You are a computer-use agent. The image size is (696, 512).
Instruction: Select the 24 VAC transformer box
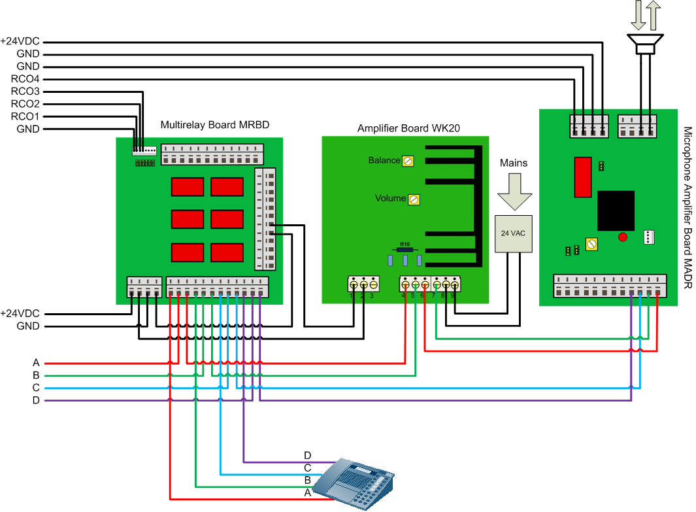pos(513,233)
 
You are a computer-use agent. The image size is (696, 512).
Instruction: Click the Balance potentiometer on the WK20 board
pos(408,160)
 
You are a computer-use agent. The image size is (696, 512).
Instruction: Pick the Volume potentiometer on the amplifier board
pos(413,199)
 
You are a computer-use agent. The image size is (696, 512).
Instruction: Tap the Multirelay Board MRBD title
pos(215,124)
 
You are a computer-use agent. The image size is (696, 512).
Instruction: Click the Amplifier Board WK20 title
pos(408,128)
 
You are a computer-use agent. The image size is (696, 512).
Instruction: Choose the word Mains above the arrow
pos(514,162)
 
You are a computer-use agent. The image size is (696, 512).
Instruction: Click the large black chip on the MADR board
pos(615,211)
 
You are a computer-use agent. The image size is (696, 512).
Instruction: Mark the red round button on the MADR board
pos(623,237)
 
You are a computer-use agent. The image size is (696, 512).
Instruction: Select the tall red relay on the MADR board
pos(582,177)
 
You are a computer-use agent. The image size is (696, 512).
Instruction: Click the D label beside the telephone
pos(308,455)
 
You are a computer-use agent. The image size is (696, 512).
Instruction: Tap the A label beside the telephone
pos(308,492)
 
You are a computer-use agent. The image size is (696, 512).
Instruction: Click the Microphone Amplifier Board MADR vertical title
pos(686,208)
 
